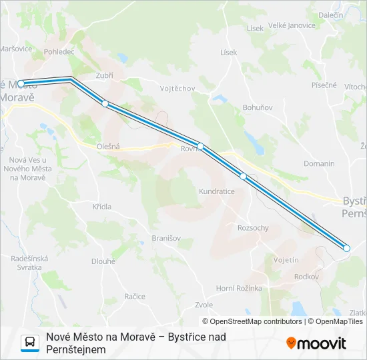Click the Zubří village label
point(104,75)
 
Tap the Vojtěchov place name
point(177,88)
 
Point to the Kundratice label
point(216,191)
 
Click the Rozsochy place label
point(253,228)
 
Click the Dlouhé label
point(103,261)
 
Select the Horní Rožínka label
point(239,288)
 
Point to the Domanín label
point(318,163)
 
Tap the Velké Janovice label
point(292,26)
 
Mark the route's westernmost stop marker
point(21,83)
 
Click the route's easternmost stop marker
point(346,248)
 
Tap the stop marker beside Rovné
point(200,146)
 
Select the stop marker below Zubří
point(105,103)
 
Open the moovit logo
point(316,343)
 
